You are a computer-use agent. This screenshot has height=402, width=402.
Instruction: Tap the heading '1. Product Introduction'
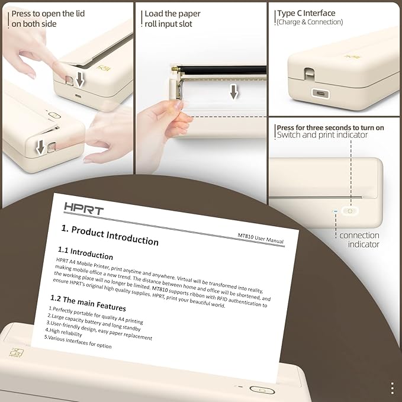pos(110,234)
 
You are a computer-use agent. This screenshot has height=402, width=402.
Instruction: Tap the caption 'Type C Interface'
pos(305,13)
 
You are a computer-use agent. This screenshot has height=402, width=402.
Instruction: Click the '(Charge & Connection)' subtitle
pos(309,22)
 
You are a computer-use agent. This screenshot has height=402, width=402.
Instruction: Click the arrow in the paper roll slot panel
pos(234,91)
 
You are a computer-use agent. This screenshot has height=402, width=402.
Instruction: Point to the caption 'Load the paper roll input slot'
pos(172,18)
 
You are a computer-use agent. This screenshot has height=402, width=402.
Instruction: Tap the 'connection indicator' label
pos(359,240)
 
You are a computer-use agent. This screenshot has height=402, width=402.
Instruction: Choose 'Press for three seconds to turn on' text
pos(330,127)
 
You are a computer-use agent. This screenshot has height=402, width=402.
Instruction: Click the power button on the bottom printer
pos(261,390)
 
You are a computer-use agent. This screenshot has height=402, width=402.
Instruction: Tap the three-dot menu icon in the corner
pos(392,388)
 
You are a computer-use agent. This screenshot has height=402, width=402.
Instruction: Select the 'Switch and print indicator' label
pos(321,136)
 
